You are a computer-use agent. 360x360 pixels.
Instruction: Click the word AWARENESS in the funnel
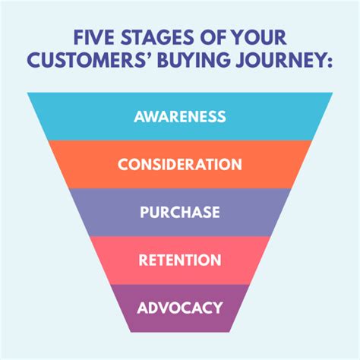[180, 116]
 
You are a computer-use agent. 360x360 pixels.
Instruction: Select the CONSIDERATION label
[180, 164]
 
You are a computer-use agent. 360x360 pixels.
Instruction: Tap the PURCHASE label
[180, 212]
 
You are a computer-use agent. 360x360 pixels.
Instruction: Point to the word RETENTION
[180, 260]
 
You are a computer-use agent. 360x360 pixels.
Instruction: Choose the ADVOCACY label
[180, 308]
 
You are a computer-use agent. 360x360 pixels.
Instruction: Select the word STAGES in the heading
[157, 37]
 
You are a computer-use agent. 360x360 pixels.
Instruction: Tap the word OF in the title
[213, 37]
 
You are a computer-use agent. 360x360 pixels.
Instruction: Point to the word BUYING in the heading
[194, 60]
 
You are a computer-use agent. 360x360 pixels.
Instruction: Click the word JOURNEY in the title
[279, 60]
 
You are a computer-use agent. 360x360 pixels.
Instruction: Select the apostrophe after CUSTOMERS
[148, 55]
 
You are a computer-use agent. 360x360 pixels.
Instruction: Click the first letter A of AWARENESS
[139, 116]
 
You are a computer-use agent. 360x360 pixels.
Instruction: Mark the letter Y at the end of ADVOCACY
[218, 308]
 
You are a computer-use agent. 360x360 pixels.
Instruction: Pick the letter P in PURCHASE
[144, 212]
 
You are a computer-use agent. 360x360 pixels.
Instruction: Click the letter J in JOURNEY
[241, 60]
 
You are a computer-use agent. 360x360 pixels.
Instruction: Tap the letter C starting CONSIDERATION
[123, 164]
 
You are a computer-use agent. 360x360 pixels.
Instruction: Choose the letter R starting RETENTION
[143, 260]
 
